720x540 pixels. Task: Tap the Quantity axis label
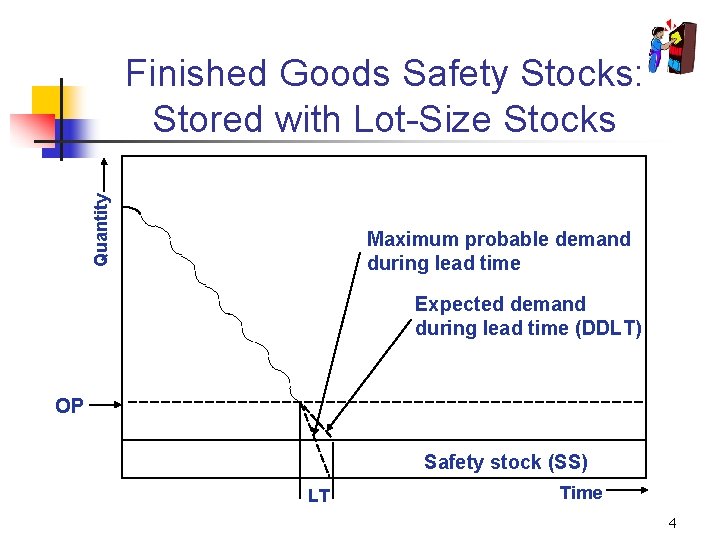coord(101,229)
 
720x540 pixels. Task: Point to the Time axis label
coord(581,492)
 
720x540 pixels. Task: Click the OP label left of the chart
coord(70,406)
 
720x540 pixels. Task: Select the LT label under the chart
coord(319,495)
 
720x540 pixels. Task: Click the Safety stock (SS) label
coord(505,462)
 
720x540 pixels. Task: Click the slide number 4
coord(673,523)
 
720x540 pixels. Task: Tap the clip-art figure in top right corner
coord(669,46)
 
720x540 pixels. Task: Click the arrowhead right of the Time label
coord(640,491)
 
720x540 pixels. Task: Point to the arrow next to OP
coord(104,405)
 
